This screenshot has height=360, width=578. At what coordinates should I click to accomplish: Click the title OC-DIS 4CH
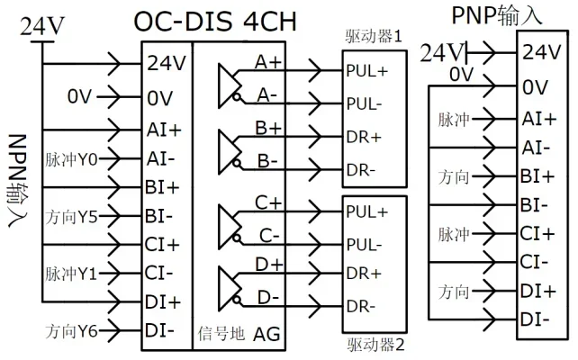point(215,22)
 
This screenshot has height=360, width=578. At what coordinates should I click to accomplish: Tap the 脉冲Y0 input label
point(71,160)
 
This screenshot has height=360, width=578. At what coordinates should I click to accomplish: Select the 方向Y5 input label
point(71,217)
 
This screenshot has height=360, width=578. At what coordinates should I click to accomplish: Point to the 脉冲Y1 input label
point(71,274)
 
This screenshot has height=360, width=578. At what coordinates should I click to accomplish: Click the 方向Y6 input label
point(71,331)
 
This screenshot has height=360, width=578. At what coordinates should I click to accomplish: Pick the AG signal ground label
point(266,334)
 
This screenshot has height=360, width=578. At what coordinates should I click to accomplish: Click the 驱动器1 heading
point(374,37)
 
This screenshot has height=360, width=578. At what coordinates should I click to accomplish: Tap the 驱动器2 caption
point(375,346)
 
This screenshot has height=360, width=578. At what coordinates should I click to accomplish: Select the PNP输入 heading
point(497,16)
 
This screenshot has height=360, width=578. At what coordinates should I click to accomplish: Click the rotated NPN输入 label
point(17,181)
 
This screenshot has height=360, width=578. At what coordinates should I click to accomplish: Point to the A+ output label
point(268,62)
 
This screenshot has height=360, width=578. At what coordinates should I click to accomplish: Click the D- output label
point(268,298)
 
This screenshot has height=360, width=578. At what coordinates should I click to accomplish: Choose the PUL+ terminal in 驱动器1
point(367,71)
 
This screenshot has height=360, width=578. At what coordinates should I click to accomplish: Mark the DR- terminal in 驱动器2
point(361,307)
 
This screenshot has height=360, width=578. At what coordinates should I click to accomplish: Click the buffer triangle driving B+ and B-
point(230,152)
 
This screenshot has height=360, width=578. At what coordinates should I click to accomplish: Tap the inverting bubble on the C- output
point(237,238)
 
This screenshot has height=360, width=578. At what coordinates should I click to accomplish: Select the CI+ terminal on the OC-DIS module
point(162,245)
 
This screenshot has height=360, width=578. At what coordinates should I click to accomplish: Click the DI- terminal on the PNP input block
point(535,319)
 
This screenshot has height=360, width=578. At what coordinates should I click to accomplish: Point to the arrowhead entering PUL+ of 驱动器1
point(315,70)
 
